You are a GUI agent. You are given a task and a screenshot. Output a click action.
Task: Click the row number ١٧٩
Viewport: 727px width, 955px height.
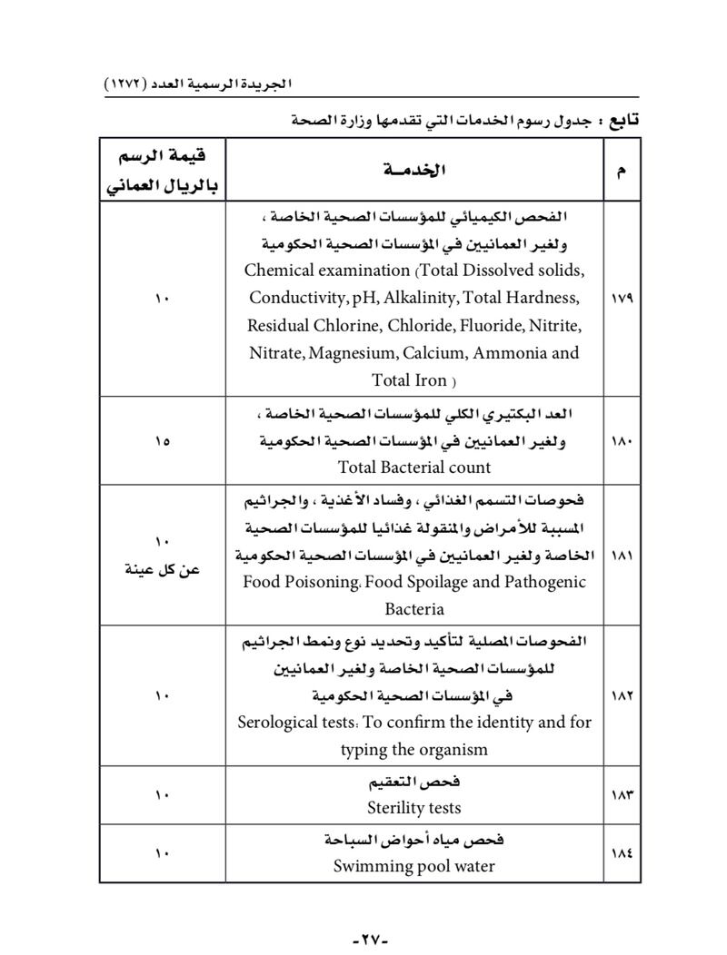(622, 297)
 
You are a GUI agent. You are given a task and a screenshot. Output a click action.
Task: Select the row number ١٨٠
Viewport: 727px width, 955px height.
(622, 440)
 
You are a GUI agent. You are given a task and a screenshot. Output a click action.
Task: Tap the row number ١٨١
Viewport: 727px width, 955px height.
(622, 555)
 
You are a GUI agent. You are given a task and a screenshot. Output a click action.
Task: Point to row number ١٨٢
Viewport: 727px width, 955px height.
(622, 695)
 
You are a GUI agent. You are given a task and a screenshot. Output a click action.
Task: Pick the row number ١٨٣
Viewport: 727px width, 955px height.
(622, 794)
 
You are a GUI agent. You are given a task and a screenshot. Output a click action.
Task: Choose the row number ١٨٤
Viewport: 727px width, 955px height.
(622, 852)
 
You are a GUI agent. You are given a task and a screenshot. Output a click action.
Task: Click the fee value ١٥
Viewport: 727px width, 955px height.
(163, 440)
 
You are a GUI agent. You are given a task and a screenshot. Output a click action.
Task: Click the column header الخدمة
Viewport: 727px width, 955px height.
(414, 170)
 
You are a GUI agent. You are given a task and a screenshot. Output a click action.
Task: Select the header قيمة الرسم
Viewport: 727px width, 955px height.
(163, 158)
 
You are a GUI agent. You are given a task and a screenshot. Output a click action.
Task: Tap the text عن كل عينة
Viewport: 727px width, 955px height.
(163, 569)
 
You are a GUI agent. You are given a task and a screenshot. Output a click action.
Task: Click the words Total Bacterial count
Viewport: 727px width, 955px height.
(414, 468)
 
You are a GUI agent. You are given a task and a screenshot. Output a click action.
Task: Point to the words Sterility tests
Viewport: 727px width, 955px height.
(414, 807)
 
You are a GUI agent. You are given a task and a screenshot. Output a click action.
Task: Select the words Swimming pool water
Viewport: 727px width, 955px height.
(414, 866)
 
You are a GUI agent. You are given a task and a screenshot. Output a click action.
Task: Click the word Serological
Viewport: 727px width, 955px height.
(284, 723)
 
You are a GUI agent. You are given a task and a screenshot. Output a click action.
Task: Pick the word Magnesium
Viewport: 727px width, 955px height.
(351, 353)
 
